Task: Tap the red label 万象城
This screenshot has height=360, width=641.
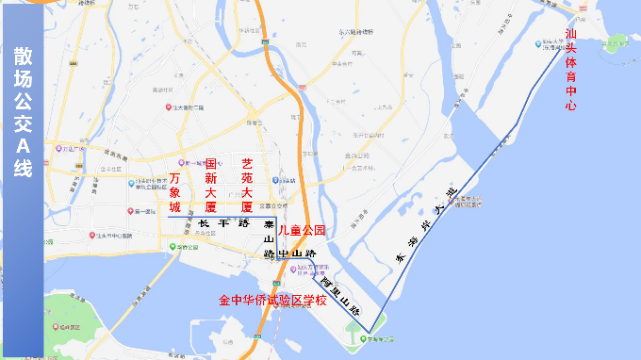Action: click(x=173, y=191)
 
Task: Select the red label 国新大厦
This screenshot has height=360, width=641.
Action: click(x=211, y=184)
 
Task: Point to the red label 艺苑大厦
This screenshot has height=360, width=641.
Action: click(x=247, y=184)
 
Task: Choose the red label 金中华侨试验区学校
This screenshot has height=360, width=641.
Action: click(x=272, y=301)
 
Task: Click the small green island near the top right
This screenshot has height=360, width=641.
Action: click(x=617, y=41)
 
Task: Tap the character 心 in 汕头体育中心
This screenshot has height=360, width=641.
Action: click(x=570, y=106)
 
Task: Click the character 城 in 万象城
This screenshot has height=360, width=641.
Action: click(x=173, y=206)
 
